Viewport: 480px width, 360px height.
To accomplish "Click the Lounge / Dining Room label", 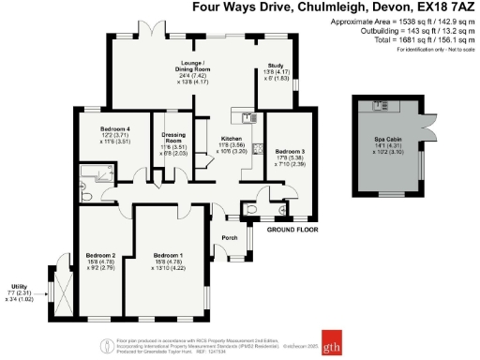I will pyautogui.click(x=196, y=67).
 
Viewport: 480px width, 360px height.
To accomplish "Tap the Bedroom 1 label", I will pyautogui.click(x=169, y=255).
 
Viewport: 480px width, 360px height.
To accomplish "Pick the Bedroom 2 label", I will pyautogui.click(x=100, y=255).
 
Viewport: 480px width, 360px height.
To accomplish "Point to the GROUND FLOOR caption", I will pyautogui.click(x=289, y=229).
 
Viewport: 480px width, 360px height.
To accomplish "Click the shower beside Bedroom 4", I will pyautogui.click(x=92, y=171).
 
